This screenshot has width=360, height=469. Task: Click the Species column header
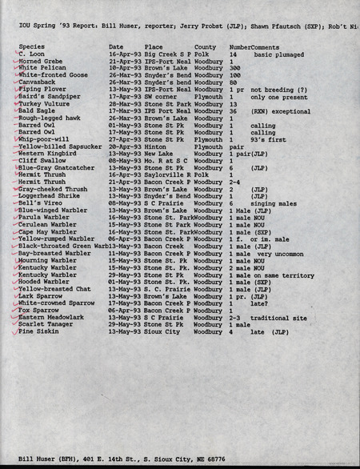pos(32,47)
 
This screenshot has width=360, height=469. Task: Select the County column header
pos(205,47)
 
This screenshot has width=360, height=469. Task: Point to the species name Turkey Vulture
pos(40,104)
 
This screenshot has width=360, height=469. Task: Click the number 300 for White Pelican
pos(234,68)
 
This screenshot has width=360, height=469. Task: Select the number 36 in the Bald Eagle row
pos(232,111)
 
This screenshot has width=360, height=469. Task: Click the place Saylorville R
pos(168,174)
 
